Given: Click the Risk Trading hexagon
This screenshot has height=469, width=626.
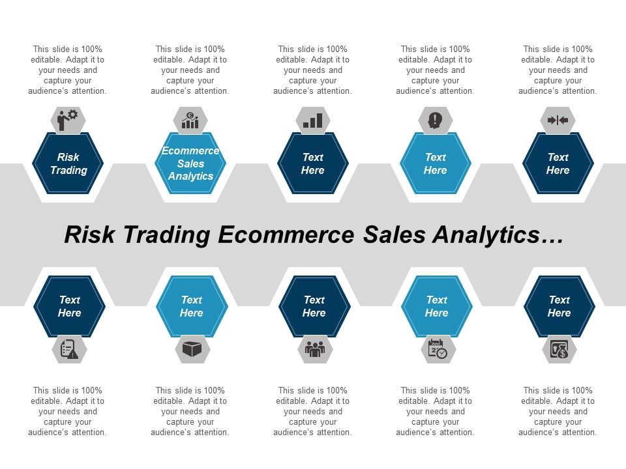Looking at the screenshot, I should [x=68, y=163].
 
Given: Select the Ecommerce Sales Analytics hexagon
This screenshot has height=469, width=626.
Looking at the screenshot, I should [x=190, y=163].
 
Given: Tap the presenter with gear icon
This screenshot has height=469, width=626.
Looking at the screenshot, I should [x=68, y=120].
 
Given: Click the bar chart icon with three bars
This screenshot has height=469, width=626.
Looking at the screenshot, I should [x=313, y=120].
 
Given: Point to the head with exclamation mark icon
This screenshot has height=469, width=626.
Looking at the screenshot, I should [x=435, y=120].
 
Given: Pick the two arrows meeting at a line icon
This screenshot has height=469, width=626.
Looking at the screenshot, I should [x=558, y=120].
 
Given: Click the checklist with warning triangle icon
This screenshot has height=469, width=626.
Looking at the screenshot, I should [x=69, y=350].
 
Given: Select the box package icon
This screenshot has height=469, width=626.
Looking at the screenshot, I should [x=192, y=350].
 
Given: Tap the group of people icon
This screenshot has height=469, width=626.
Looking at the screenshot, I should [x=314, y=350].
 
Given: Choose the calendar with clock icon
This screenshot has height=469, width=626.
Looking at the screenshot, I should [x=437, y=350].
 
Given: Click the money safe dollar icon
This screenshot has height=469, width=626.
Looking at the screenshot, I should [x=559, y=350].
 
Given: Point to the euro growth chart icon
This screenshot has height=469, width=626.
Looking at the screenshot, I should [x=190, y=120].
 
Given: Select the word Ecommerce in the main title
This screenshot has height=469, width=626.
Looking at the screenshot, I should [x=287, y=236].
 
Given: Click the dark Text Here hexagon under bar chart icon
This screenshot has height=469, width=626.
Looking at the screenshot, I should [x=313, y=163].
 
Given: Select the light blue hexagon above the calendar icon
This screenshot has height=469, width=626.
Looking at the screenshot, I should [x=437, y=306].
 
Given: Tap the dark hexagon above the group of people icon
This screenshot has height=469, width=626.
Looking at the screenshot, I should [x=314, y=306].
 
